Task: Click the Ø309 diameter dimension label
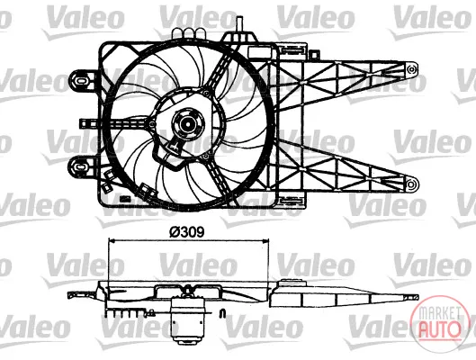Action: pos(186,232)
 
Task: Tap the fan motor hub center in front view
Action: pos(187,124)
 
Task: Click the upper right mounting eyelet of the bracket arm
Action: pos(411,69)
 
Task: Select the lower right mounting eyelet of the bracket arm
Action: pos(411,184)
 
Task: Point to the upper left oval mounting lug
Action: pos(82,80)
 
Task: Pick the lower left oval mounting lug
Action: pos(82,166)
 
